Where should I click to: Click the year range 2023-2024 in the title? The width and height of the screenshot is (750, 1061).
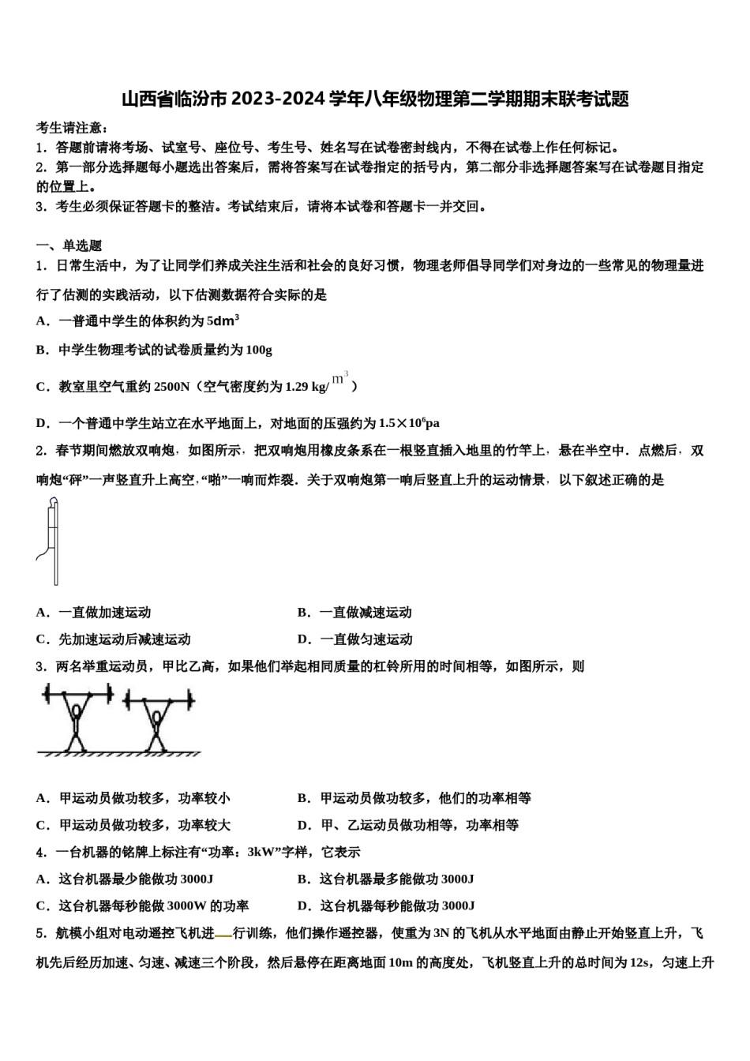coord(278,99)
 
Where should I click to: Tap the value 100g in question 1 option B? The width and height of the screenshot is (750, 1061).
coord(258,350)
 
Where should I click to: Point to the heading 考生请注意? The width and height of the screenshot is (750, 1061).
coord(72,127)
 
